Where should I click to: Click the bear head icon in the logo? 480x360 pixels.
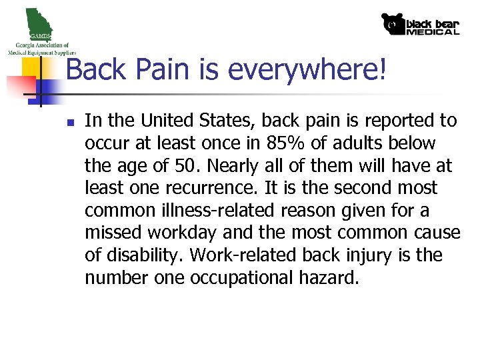[393, 24]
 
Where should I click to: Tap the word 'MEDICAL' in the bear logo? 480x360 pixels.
[433, 31]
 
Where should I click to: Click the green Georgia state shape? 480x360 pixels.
[36, 21]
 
